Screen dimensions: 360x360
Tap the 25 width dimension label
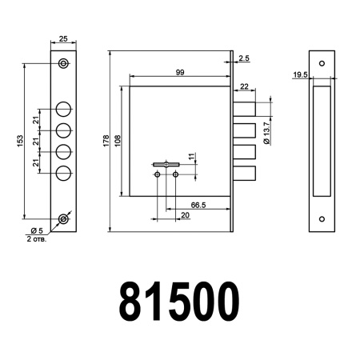[x=62, y=38]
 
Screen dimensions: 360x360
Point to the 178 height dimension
[x=106, y=141]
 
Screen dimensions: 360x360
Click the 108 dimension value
[x=119, y=141]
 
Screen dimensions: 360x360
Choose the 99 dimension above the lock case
[x=179, y=74]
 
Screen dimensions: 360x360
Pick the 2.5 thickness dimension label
[x=243, y=58]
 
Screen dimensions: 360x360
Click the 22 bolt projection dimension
[x=244, y=87]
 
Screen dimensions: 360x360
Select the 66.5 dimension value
[x=199, y=206]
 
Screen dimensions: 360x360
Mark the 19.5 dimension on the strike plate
[x=300, y=74]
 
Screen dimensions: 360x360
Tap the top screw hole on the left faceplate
[x=63, y=64]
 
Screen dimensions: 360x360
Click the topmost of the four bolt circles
[x=63, y=110]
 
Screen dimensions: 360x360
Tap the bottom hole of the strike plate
[x=322, y=218]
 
